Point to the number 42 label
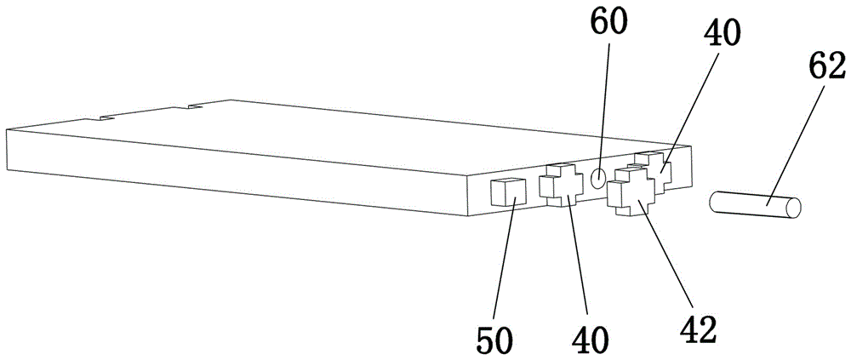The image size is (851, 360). coord(695,328)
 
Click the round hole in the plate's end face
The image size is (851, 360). coord(598,178)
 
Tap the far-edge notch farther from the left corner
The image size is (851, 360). coord(195,107)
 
